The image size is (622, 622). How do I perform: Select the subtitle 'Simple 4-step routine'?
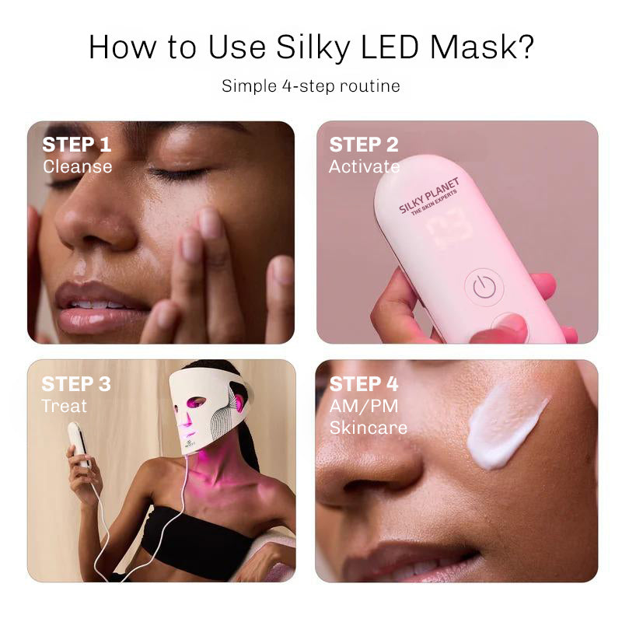[x=311, y=86]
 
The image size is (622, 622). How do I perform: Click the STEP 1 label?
[x=77, y=145]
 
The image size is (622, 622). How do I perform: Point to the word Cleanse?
[x=77, y=166]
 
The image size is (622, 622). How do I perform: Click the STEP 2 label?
[x=364, y=145]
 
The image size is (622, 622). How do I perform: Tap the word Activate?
[x=364, y=166]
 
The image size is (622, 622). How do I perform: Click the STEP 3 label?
[x=77, y=384]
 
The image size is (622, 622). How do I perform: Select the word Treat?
[x=65, y=406]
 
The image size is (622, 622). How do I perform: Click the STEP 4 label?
[x=364, y=384]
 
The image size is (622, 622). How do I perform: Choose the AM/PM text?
[x=358, y=406]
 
